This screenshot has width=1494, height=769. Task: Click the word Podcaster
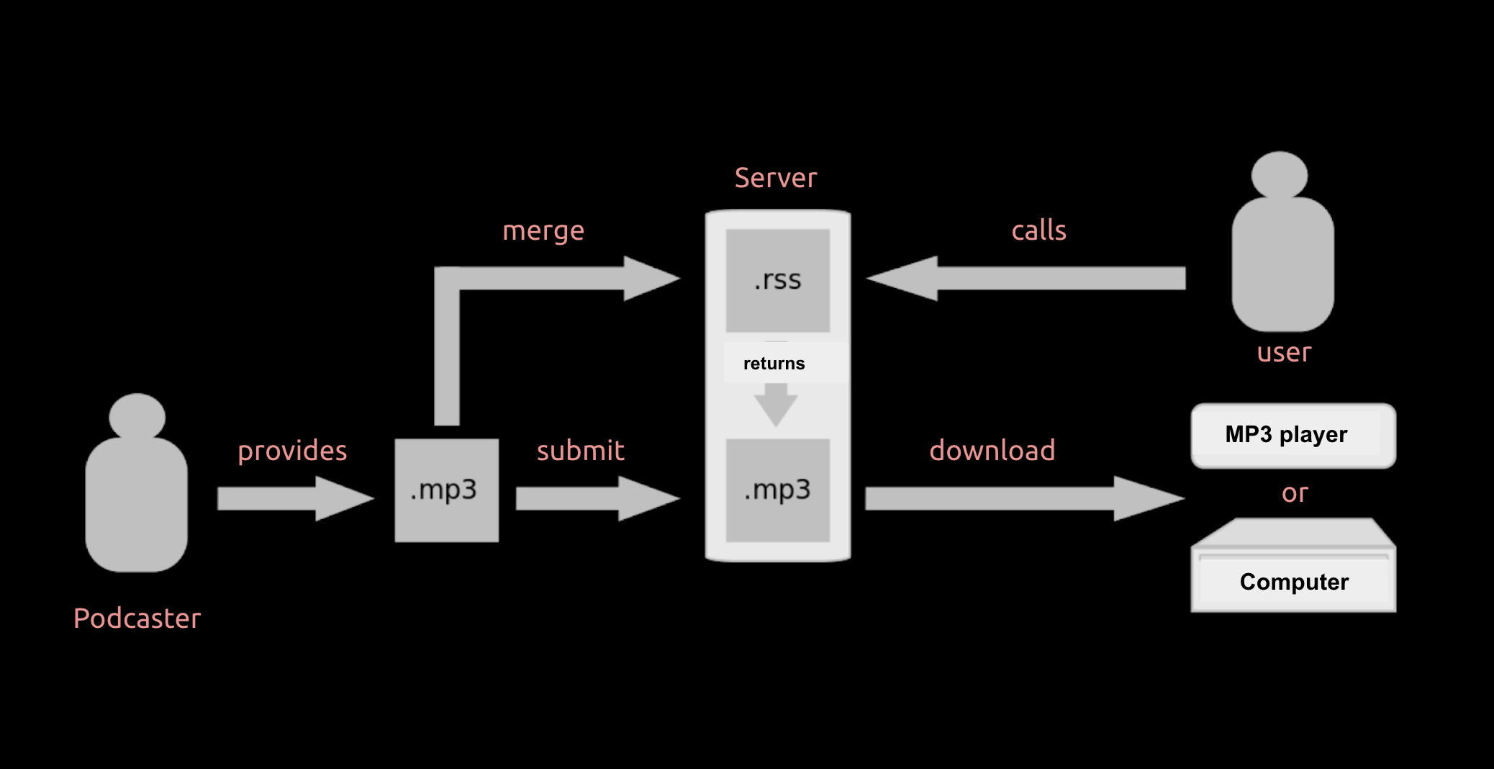[x=137, y=619]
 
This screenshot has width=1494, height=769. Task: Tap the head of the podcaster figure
[x=137, y=416]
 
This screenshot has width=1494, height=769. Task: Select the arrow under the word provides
[x=295, y=498]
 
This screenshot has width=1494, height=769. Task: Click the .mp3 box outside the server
[x=446, y=490]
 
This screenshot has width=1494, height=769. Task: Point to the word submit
[x=580, y=451]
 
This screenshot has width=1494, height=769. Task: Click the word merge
[x=543, y=231]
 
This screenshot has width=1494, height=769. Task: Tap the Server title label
[x=776, y=178]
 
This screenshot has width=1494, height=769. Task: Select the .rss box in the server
[x=777, y=280]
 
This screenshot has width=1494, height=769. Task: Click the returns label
[x=774, y=364]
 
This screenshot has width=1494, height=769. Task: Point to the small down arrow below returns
[x=776, y=405]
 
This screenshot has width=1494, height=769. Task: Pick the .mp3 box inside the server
[x=777, y=490]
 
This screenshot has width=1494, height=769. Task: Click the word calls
[x=1038, y=230]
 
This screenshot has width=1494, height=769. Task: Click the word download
[x=992, y=451]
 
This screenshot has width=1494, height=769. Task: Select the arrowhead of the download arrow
[x=1147, y=498]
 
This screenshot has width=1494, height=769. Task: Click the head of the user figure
[x=1279, y=175]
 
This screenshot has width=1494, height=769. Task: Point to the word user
[x=1284, y=353]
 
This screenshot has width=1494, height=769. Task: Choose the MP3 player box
[x=1293, y=435]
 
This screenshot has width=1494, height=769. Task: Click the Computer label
[x=1294, y=582]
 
